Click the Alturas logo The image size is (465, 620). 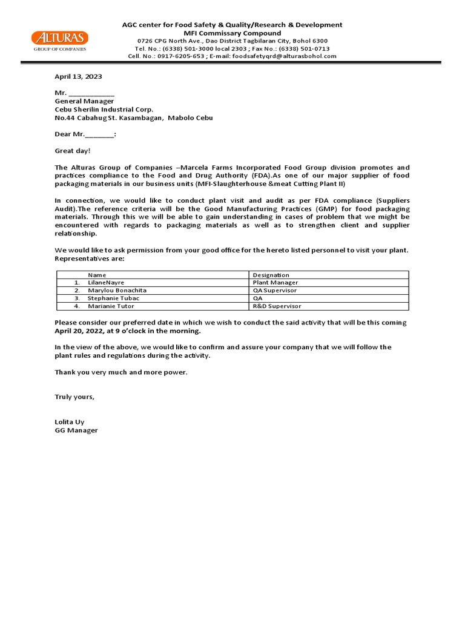(59, 41)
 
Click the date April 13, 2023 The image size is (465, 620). (78, 77)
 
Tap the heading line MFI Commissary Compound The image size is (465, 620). (232, 33)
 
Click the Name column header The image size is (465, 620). (97, 275)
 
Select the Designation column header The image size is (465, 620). (271, 275)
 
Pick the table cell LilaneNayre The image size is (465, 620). (106, 283)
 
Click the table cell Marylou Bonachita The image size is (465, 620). (117, 291)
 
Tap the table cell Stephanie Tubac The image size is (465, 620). (113, 298)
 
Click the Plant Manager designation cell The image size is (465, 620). (275, 283)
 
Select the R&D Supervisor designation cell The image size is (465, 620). (277, 306)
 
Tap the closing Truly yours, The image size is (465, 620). (74, 397)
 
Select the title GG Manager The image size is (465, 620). (76, 430)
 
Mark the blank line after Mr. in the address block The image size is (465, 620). (91, 93)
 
